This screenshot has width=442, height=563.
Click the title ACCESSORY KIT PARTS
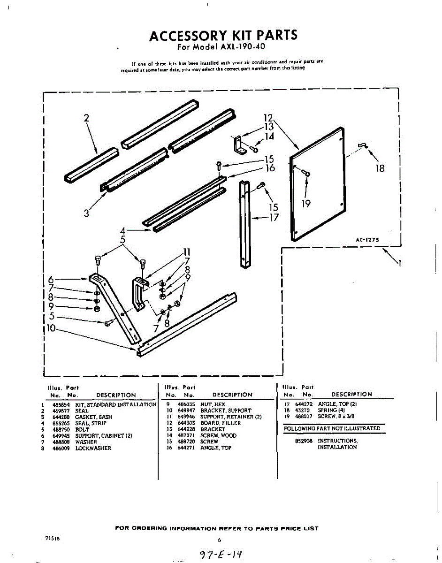[x=223, y=36]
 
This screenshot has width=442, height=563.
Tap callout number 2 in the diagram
[x=86, y=118]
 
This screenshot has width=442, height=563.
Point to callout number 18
[x=380, y=168]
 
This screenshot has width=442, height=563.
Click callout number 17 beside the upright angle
[x=274, y=218]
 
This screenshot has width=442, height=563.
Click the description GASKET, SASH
[x=93, y=417]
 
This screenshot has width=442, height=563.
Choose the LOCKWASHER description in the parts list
[x=93, y=448]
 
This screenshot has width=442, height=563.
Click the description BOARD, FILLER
[x=221, y=423]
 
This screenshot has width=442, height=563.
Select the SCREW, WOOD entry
[x=218, y=435]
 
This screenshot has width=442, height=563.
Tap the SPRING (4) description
[x=332, y=410]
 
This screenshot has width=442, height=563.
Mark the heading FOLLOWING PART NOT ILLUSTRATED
[x=332, y=428]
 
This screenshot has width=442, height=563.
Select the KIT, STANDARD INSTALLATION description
[x=115, y=404]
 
